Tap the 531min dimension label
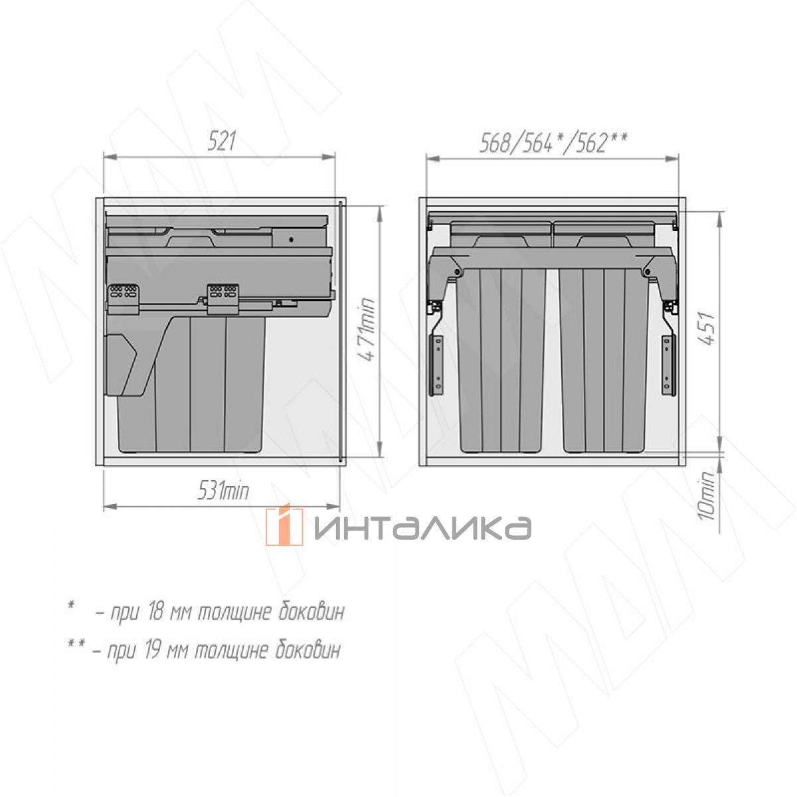coord(223,491)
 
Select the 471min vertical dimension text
coord(366,329)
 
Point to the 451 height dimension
coord(707,328)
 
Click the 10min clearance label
coord(707,495)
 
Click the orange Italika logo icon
coord(284,525)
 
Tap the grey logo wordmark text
coord(422,528)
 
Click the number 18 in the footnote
coord(155,612)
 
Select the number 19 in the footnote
coord(153,650)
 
